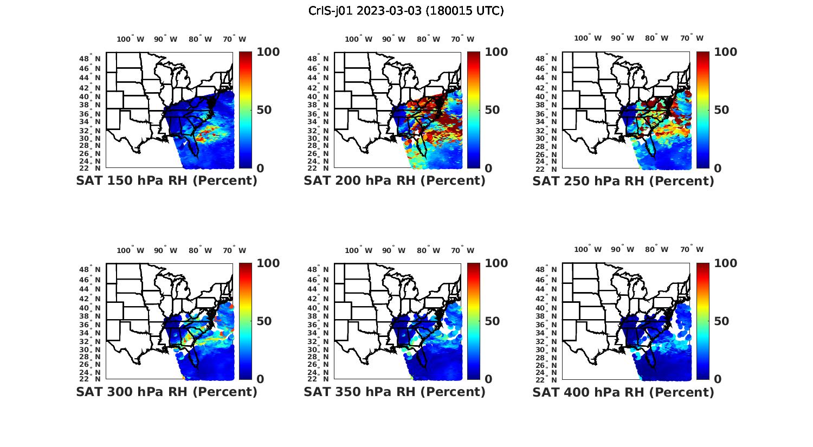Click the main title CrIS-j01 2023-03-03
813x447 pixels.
coord(406,11)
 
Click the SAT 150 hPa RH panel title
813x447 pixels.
coord(166,180)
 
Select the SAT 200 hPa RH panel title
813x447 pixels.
coord(395,180)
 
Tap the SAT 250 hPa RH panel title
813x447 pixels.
coord(623,180)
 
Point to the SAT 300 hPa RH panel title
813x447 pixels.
coord(166,391)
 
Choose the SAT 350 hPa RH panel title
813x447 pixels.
coord(395,391)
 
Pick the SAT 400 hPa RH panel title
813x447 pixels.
coord(623,391)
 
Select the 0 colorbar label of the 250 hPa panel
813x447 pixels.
coord(718,168)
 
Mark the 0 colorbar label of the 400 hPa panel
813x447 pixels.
coord(718,379)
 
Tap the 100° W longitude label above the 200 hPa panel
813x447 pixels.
coord(358,39)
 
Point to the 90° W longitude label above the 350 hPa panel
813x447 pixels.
coord(393,250)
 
